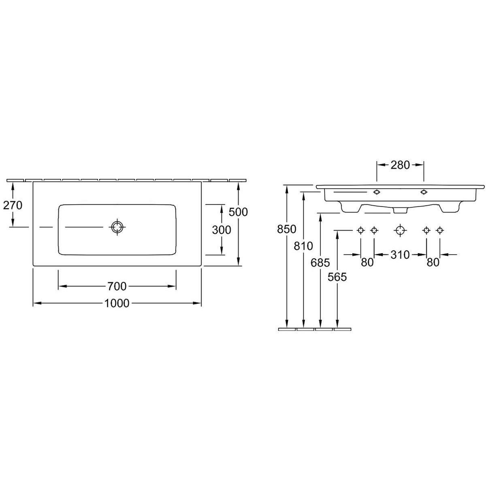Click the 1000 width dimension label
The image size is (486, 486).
(x=117, y=303)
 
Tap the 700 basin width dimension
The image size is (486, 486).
(x=117, y=286)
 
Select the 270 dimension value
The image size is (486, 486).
(x=13, y=205)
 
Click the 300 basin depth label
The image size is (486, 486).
(x=222, y=230)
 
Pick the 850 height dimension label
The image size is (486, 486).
(x=286, y=229)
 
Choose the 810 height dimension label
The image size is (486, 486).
(x=303, y=246)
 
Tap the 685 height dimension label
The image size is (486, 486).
(x=320, y=263)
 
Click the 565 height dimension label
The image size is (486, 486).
(x=337, y=277)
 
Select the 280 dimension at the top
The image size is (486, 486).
(x=400, y=165)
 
